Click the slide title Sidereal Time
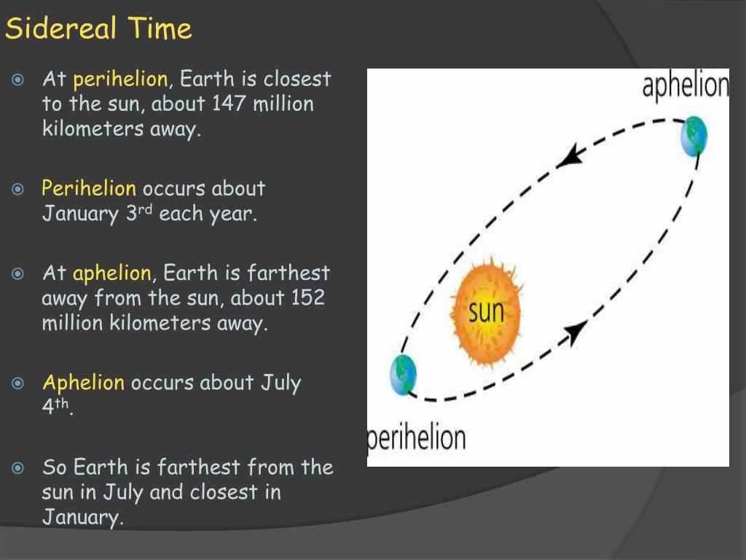pyautogui.click(x=98, y=29)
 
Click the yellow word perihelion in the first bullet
pyautogui.click(x=120, y=79)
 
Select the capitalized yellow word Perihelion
pyautogui.click(x=88, y=189)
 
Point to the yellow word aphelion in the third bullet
pyautogui.click(x=111, y=273)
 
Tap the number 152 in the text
pyautogui.click(x=307, y=298)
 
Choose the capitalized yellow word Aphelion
pyautogui.click(x=84, y=383)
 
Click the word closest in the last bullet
pyautogui.click(x=224, y=492)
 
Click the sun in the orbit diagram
pyautogui.click(x=486, y=311)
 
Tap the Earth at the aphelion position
pyautogui.click(x=694, y=136)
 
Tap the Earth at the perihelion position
pyautogui.click(x=403, y=375)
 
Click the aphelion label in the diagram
pyautogui.click(x=685, y=85)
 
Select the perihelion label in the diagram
pyautogui.click(x=417, y=438)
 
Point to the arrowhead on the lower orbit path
pyautogui.click(x=576, y=332)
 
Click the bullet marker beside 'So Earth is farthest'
pyautogui.click(x=19, y=467)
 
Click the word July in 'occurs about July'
pyautogui.click(x=280, y=383)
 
